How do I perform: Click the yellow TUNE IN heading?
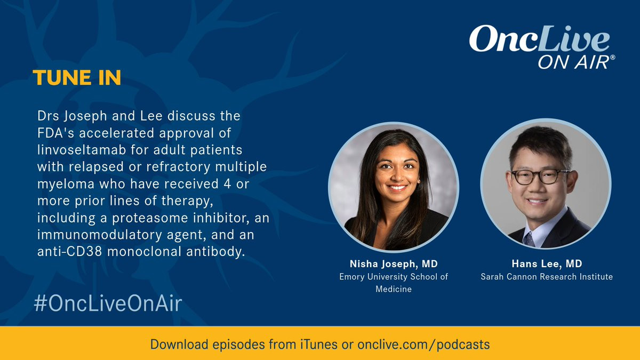click(77, 77)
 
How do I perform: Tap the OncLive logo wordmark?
click(539, 39)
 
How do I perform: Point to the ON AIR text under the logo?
click(574, 62)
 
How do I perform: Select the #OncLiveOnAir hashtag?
click(108, 303)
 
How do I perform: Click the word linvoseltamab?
click(82, 150)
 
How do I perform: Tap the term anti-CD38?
click(69, 252)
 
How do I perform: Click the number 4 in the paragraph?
click(227, 183)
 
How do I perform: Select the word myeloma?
click(66, 185)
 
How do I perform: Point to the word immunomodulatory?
click(100, 235)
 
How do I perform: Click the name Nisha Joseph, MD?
click(394, 264)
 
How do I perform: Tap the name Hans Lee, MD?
click(547, 263)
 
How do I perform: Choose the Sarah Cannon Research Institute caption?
click(547, 277)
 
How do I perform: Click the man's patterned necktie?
click(530, 239)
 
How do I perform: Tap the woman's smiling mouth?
click(397, 188)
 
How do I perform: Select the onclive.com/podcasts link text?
click(423, 345)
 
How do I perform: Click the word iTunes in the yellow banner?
click(318, 344)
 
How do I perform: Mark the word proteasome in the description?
click(150, 218)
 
